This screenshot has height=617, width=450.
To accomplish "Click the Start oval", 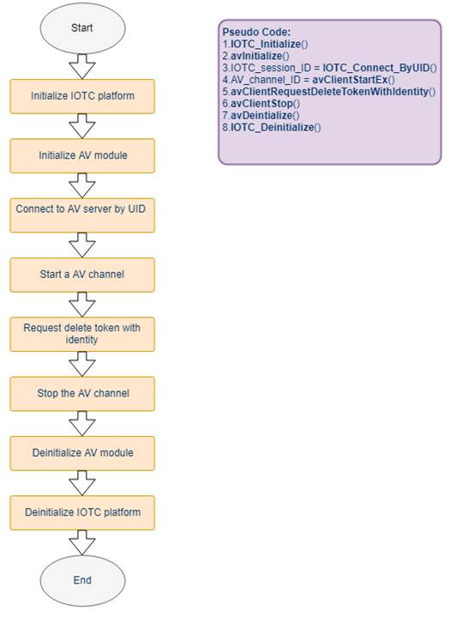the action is pos(82,28).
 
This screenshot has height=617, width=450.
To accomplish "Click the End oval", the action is pos(82,580).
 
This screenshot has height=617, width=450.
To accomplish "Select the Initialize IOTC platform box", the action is pos(82,96).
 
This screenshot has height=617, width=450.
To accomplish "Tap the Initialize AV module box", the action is pos(82,156).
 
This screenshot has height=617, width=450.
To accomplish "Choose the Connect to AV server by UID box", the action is pos(82,215).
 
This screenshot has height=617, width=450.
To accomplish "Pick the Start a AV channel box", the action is pos(82,275).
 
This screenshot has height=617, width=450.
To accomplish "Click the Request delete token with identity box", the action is pos(82,334).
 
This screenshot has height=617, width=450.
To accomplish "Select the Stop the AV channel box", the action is pos(82,394).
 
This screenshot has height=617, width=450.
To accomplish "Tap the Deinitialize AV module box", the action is pos(82,453).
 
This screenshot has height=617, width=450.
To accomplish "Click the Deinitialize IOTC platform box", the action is pos(82,512).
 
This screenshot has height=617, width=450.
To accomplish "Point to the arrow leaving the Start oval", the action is pos(82,66).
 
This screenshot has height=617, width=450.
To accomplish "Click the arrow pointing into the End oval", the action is pos(82,542).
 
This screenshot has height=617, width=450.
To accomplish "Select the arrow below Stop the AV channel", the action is pos(82,423).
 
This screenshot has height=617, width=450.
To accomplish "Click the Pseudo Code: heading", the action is pos(256,33).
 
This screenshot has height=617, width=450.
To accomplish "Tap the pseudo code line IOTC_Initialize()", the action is pos(265,44).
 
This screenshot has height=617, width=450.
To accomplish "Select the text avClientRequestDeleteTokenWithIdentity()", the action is pos(329,92).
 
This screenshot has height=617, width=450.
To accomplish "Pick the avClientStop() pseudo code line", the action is pos(261,104).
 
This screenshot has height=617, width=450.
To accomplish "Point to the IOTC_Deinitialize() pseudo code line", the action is pos(272,128).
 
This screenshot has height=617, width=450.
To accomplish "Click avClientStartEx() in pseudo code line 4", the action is pos(354,80).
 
